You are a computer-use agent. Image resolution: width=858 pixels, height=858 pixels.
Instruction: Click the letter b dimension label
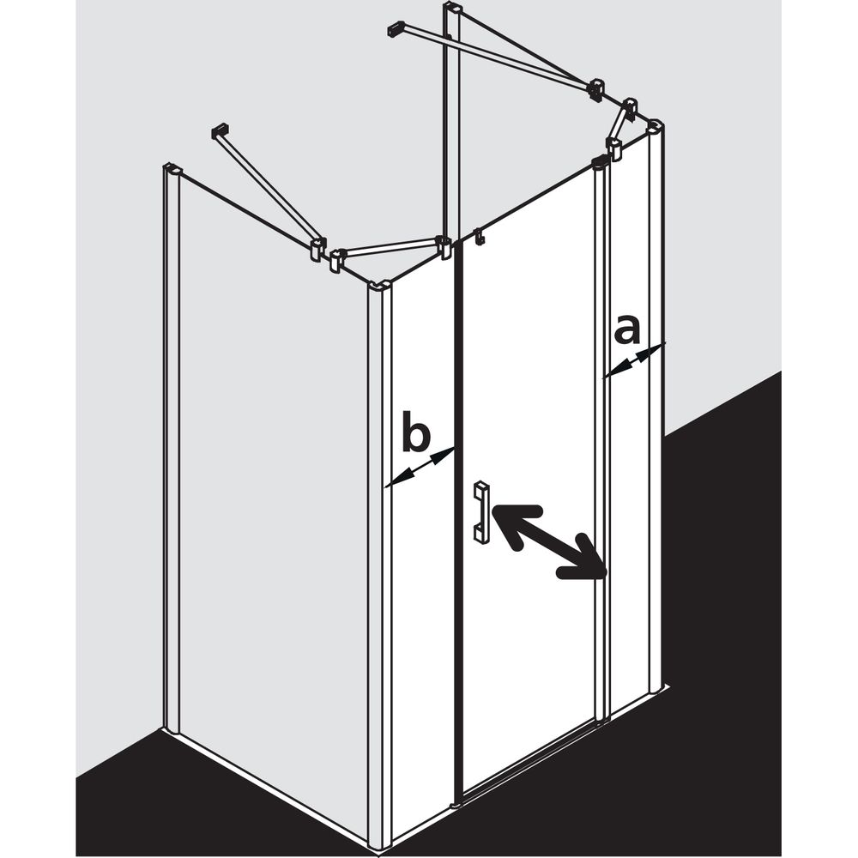(416, 432)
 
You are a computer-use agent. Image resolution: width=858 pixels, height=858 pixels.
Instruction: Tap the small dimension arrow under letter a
(634, 360)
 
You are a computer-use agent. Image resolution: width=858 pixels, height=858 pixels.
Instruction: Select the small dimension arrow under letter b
(420, 468)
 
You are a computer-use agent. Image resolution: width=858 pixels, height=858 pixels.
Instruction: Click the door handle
(481, 511)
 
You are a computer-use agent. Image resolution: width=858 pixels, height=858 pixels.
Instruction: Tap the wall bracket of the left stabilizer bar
(219, 132)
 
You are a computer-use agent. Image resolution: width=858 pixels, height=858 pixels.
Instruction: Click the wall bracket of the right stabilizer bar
(396, 29)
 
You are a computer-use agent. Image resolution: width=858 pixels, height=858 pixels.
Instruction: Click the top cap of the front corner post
(379, 286)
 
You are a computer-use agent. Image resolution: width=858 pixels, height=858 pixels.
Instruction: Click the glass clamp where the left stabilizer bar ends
(317, 248)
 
